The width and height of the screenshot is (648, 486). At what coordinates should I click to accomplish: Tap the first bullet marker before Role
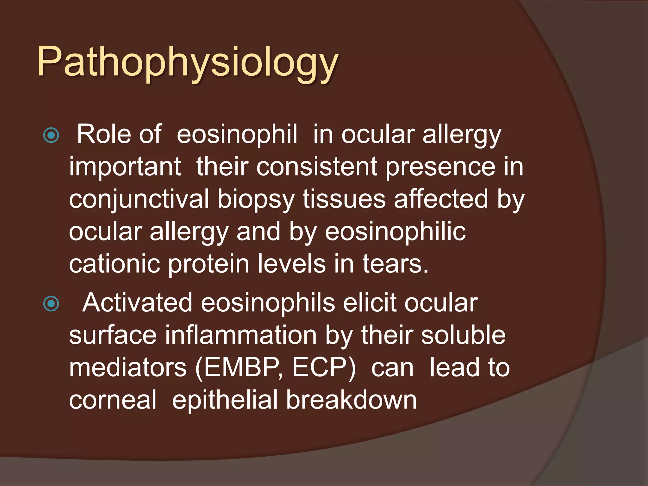tap(51, 135)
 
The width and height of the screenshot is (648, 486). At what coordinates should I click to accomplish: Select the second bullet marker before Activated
tap(51, 304)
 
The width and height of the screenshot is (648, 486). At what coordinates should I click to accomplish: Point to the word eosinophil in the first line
tap(237, 134)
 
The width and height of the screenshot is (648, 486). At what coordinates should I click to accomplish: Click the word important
tap(125, 167)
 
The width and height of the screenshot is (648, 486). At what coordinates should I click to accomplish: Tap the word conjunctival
tap(139, 199)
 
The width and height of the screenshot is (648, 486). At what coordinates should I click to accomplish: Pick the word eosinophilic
tap(395, 232)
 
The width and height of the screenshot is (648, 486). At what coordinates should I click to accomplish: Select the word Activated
tap(137, 303)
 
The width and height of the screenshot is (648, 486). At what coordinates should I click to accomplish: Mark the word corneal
tap(113, 400)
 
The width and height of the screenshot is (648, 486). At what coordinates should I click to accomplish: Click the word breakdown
tap(351, 400)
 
